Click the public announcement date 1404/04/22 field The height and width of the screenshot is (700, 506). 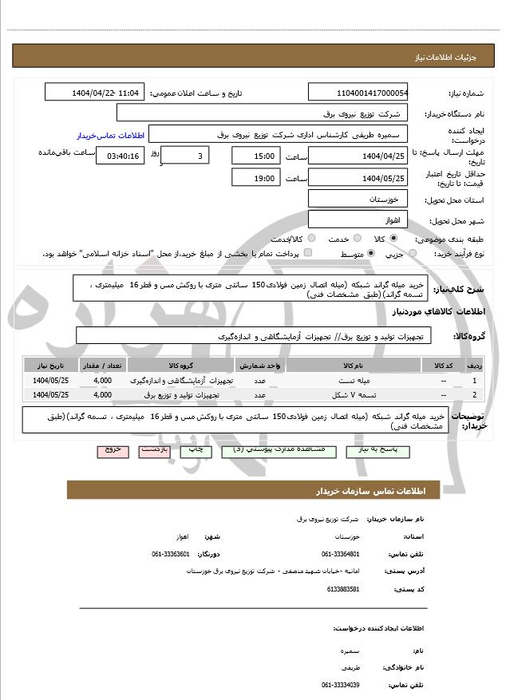coord(95,93)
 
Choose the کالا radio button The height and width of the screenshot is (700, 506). coord(393,239)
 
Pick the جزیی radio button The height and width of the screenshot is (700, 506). coord(413,254)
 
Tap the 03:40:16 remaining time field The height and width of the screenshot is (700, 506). coord(120,156)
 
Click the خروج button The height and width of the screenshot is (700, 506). coord(113,450)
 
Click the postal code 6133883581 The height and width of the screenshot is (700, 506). coord(344,589)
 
